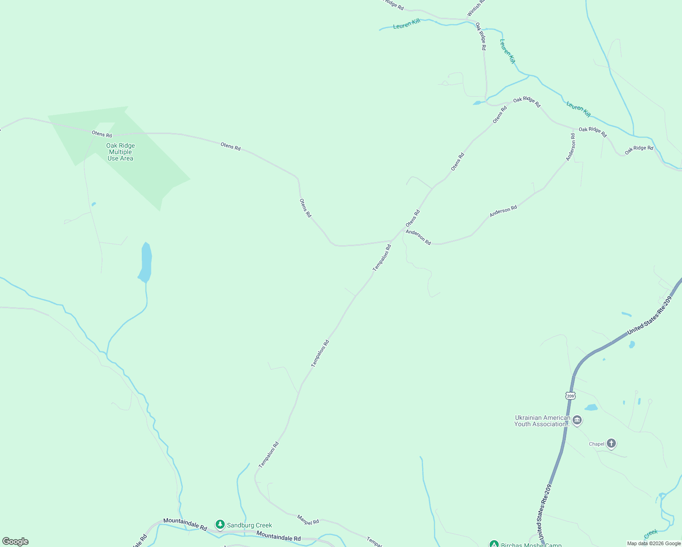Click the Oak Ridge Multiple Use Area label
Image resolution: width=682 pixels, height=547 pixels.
(x=120, y=152)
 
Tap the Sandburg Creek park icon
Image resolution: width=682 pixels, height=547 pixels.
(x=220, y=525)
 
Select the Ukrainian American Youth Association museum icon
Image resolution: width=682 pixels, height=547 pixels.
(x=577, y=420)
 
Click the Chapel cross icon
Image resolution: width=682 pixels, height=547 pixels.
(x=611, y=444)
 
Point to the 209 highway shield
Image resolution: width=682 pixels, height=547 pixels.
(x=570, y=396)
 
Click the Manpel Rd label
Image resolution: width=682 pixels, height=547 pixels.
(x=308, y=519)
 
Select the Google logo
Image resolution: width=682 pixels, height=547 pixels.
(x=15, y=542)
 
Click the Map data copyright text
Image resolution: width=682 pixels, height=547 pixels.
(x=654, y=543)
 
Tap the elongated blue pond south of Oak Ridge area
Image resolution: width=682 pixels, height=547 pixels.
(x=145, y=263)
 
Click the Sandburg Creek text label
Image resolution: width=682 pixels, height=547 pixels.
(x=249, y=526)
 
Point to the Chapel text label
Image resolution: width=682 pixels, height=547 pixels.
(x=596, y=444)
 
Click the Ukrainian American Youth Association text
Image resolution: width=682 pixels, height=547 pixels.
(x=542, y=421)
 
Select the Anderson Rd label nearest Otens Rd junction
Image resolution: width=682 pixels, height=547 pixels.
(x=418, y=237)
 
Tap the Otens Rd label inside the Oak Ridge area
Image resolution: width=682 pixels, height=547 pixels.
(x=102, y=134)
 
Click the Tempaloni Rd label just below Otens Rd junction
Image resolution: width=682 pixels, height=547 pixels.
(x=382, y=258)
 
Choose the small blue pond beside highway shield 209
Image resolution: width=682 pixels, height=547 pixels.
(x=591, y=407)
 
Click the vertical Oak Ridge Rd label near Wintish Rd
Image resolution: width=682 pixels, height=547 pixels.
(x=481, y=36)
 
